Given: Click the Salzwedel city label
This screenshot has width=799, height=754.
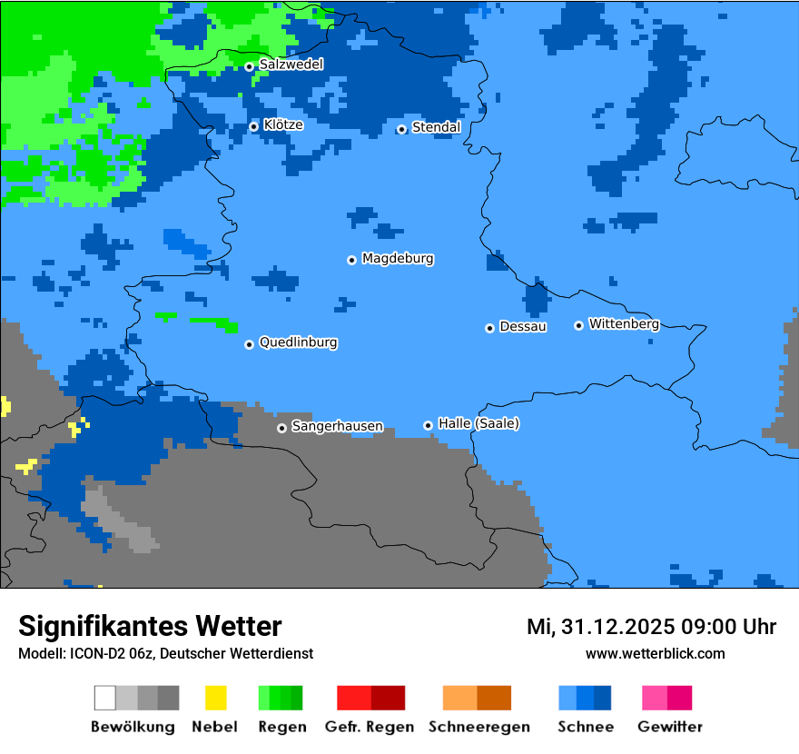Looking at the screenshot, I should (x=291, y=64).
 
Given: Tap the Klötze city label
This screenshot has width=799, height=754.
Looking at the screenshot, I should (x=283, y=124).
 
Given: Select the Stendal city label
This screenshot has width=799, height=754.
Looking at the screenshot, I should (x=436, y=127).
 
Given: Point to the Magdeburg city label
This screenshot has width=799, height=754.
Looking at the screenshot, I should (x=398, y=259).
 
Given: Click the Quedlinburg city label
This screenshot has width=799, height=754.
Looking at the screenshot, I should (x=298, y=342).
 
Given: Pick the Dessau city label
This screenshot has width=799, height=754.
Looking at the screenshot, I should (x=523, y=326).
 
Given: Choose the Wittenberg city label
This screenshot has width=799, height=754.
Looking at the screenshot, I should (x=624, y=323).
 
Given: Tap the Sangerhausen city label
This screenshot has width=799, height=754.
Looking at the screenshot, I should (x=337, y=426).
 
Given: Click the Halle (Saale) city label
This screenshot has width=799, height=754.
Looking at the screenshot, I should (x=478, y=423).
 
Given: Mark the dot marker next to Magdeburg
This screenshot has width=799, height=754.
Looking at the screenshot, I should (x=351, y=260).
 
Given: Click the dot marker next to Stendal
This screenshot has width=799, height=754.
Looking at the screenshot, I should (x=401, y=129).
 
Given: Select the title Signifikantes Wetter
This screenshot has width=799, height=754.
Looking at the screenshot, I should (x=150, y=626).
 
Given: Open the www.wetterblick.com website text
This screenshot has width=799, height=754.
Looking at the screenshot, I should (x=655, y=654).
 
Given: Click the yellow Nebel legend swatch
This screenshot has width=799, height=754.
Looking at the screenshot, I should (x=215, y=698).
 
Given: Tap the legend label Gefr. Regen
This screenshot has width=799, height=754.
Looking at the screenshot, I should (x=370, y=727).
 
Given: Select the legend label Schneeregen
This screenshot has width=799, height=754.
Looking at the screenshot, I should (x=478, y=727).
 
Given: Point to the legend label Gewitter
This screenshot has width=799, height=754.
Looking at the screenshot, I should (x=670, y=727).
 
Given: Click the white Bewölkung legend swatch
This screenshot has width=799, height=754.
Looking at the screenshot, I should (x=105, y=698).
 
